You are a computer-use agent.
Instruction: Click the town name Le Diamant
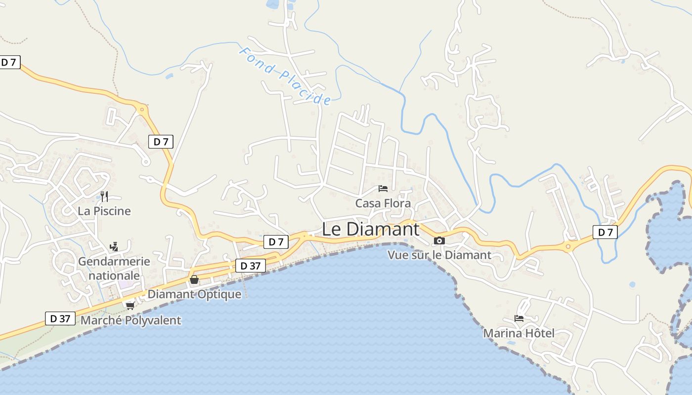371,229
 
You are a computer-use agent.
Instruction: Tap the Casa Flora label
383,203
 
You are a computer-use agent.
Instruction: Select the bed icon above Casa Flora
383,188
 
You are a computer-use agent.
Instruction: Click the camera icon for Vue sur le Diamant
439,240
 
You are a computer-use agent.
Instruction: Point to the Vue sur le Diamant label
439,255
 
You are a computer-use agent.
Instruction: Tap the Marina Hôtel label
519,333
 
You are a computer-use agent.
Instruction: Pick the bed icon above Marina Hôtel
519,318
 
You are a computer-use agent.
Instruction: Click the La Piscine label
104,211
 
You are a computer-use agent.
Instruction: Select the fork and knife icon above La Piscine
104,197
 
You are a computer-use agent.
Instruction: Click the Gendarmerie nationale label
114,268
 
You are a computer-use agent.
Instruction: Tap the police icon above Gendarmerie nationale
114,246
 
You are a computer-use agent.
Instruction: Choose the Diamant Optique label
195,294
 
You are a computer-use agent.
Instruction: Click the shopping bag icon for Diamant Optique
194,279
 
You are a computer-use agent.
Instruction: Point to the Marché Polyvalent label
130,320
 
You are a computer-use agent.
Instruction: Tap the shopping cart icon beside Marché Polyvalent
130,306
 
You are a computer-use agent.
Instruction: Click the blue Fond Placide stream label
285,76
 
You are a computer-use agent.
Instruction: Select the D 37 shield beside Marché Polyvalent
60,318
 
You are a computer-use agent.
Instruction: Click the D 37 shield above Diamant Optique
250,266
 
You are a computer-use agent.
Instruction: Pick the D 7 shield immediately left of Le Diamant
276,242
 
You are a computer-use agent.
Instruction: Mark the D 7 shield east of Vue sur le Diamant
605,232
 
